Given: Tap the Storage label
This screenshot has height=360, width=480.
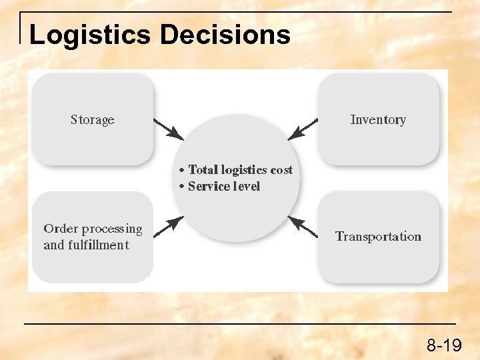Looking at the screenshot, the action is click(93, 120).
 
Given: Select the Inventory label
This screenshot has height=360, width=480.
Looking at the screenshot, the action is click(378, 120).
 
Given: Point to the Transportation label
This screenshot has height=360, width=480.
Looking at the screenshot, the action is click(378, 237).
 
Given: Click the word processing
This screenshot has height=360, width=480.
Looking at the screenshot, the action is click(112, 229).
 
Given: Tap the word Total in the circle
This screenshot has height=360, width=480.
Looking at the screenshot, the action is click(203, 170).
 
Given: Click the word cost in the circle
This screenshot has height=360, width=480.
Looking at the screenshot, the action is click(281, 170).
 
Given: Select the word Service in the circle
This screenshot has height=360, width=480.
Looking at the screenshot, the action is click(209, 187).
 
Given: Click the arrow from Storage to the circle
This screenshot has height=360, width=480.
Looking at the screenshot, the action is click(168, 129).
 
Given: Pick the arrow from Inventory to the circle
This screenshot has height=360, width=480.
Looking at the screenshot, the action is click(303, 129).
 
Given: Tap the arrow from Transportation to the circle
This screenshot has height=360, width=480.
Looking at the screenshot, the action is click(302, 227).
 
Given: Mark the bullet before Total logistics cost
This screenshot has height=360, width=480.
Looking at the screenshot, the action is click(182, 171).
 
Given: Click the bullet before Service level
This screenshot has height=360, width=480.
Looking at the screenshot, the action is click(182, 187).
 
